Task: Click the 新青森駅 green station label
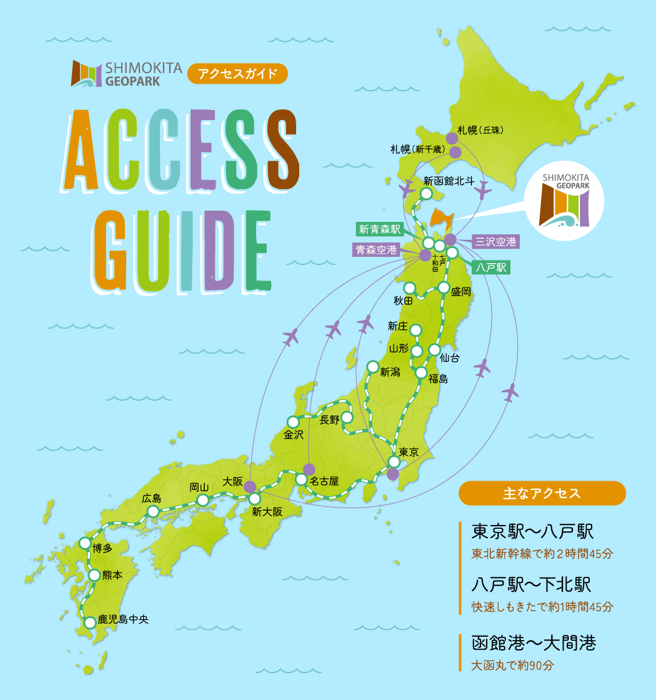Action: (x=379, y=229)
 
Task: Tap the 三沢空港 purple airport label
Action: (x=495, y=241)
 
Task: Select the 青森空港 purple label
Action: (x=376, y=250)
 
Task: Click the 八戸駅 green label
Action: (x=490, y=268)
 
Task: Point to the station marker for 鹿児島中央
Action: (x=90, y=622)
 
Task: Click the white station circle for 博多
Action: (x=84, y=542)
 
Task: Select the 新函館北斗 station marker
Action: (x=426, y=194)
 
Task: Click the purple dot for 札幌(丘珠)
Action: (x=451, y=138)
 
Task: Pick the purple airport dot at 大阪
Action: (x=249, y=486)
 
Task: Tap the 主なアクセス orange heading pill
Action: (x=542, y=493)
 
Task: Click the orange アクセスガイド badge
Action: (x=237, y=74)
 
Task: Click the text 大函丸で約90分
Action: (x=512, y=666)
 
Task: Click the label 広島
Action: (x=151, y=498)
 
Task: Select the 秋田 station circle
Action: (x=410, y=287)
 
